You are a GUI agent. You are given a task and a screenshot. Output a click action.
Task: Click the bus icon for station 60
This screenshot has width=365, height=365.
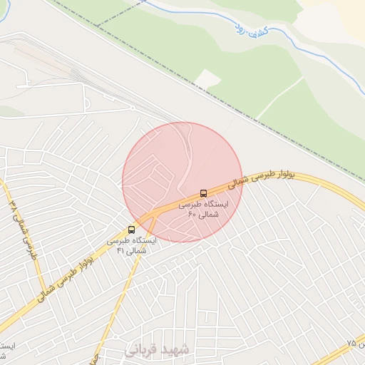205,193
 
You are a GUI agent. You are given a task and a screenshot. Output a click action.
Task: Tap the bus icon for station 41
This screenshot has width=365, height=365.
131,230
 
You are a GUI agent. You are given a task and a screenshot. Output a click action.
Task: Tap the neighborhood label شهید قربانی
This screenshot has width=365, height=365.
158,350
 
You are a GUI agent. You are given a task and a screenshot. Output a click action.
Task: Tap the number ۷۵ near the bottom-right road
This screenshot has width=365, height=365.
351,343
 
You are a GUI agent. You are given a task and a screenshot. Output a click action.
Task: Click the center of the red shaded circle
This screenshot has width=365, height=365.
182,182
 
